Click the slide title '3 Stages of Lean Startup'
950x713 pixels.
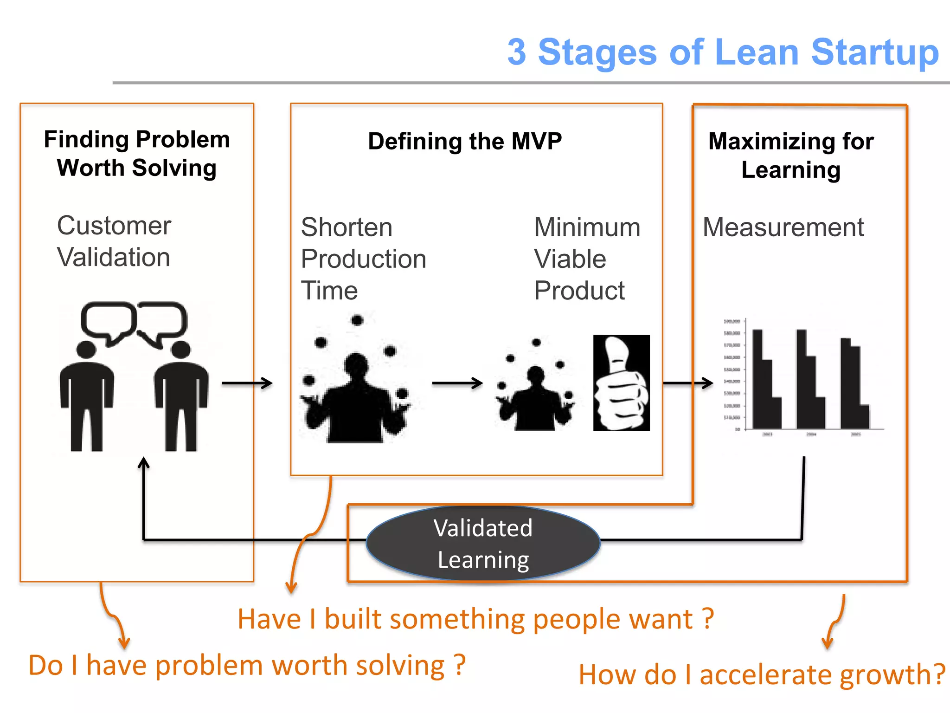(x=723, y=52)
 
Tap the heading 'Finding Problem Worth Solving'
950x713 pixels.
(x=137, y=154)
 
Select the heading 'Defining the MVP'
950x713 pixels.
(x=465, y=141)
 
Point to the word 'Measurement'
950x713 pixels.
(x=783, y=227)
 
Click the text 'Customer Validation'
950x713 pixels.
(x=114, y=241)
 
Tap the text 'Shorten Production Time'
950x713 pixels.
(x=363, y=259)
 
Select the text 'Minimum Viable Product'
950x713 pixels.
(x=587, y=259)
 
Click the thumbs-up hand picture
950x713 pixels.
(x=621, y=383)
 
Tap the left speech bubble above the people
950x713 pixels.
(x=109, y=322)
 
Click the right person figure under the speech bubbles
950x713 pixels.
(x=181, y=397)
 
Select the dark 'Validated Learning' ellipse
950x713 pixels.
(x=483, y=543)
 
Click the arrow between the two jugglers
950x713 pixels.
(x=457, y=383)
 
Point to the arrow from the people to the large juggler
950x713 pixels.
(x=247, y=383)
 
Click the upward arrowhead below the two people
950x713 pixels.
(x=144, y=463)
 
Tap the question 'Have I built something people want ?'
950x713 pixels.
(x=475, y=619)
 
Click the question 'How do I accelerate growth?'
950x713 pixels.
(x=761, y=674)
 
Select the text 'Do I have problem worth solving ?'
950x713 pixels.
(x=247, y=666)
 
